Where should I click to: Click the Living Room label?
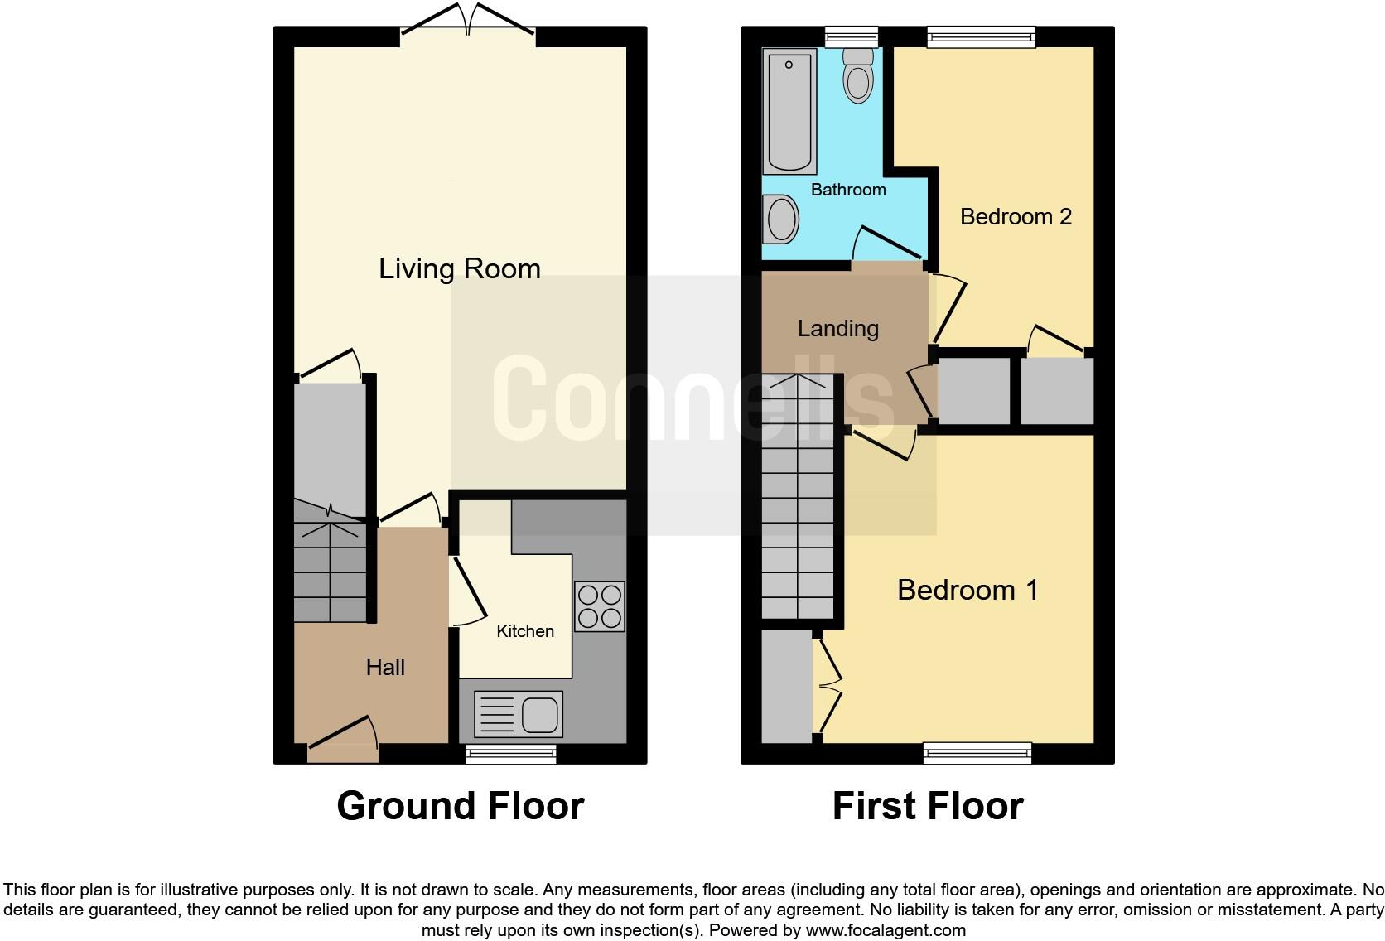pos(459,268)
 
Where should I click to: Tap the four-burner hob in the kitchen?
pos(599,606)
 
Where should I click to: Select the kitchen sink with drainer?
pos(519,714)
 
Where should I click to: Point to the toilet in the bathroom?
pos(858,75)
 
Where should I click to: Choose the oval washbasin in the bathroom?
pos(780,220)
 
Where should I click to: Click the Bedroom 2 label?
pos(1016,216)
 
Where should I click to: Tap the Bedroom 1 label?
pos(968,590)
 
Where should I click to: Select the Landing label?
pos(837,328)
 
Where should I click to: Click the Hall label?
pos(385,667)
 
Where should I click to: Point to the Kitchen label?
pos(524,631)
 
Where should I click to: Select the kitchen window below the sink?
pos(510,753)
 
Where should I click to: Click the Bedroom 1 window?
pos(977,753)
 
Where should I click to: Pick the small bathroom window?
pos(851,36)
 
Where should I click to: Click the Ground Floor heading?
pos(460,806)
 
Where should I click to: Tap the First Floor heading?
pos(927,806)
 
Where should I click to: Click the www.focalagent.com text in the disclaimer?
pos(886,930)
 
